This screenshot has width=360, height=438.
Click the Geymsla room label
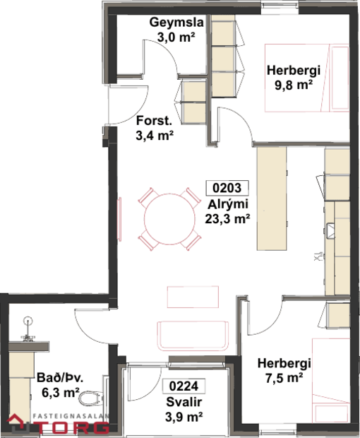point(176,23)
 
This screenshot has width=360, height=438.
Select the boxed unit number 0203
point(227,189)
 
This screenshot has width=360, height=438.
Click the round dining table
point(168,217)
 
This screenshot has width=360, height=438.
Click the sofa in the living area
point(192,335)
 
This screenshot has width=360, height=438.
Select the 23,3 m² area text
point(227,219)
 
